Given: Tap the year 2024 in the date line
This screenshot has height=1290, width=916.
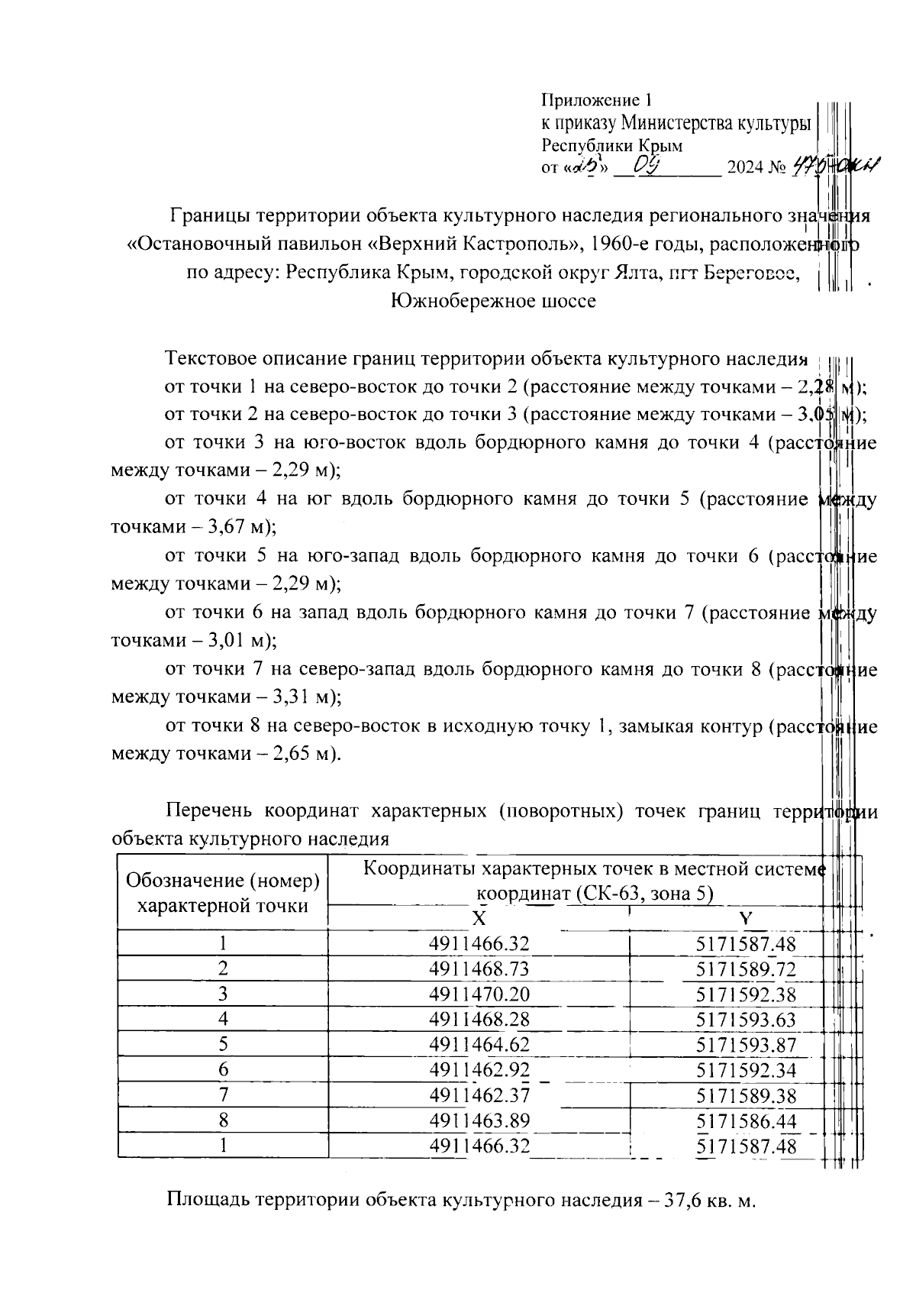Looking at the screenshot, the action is tap(745, 167).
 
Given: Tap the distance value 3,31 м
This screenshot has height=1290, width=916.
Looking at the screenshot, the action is tap(297, 697).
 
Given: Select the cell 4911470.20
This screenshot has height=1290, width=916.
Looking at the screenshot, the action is tap(479, 994).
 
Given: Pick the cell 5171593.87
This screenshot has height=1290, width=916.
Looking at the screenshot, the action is tap(746, 1045).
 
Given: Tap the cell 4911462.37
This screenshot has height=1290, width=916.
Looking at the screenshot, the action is tap(479, 1096).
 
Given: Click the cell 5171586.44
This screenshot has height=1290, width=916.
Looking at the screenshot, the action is tap(746, 1121).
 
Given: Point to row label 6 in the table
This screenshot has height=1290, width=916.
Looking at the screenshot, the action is tap(223, 1070).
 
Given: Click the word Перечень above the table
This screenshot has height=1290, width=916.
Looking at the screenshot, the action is tap(210, 811).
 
